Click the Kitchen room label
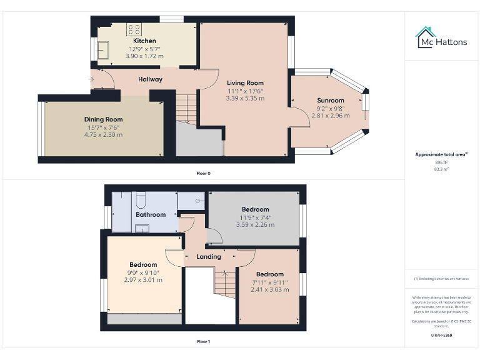[x=145, y=41]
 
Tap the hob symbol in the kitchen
[x=135, y=29]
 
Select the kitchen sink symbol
[x=102, y=50]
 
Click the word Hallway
[x=150, y=79]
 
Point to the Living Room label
[x=245, y=83]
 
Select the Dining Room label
[x=104, y=119]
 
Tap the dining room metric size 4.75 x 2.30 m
[x=104, y=134]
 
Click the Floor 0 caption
[x=203, y=173]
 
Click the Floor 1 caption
[x=203, y=342]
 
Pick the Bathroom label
[x=151, y=214]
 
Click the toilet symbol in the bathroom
[x=140, y=200]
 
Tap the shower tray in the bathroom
[x=192, y=201]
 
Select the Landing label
[x=209, y=257]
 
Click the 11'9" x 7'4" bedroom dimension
[x=255, y=217]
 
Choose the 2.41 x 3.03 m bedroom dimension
[x=270, y=289]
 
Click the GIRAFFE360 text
[x=442, y=336]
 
